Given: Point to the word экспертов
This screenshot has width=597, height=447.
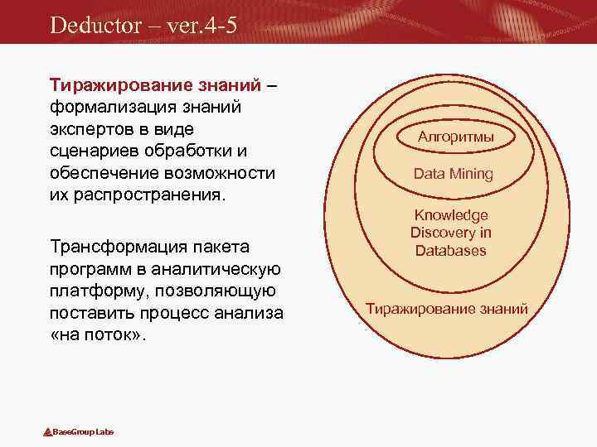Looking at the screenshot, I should coord(90,130).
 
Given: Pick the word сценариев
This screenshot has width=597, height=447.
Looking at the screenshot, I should coord(92,152).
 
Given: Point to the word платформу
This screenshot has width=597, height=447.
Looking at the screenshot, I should coord(95,291).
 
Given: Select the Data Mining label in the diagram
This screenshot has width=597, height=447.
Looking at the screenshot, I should coord(453,174).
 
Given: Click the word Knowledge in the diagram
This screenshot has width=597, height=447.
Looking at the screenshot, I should coord(452,215).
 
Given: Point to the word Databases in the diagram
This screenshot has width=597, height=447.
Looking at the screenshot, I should coord(452,251).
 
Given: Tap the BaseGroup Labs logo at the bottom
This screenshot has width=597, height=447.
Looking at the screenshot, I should coord(79,432).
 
